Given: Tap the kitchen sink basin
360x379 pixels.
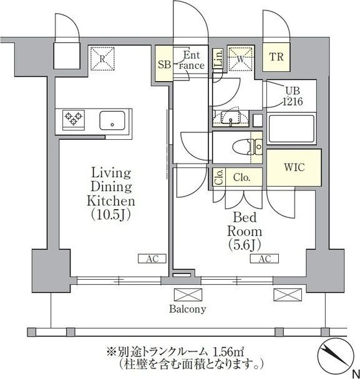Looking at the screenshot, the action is pos(112,121).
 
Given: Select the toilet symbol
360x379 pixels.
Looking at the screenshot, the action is pos(248,147).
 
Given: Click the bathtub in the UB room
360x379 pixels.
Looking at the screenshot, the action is pos(291,129).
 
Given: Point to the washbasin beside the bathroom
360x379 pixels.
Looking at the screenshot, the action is pos(231,118).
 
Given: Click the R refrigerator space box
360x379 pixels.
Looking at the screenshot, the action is pos(102,59).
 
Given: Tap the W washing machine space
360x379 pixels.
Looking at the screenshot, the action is pos(240,59).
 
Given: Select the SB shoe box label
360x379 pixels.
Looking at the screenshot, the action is pos(165,64).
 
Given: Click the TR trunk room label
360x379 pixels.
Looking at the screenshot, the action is pos(276,57).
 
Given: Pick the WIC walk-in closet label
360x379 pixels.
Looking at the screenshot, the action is pos(294,167).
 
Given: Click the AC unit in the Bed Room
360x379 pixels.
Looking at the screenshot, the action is pos(265,259).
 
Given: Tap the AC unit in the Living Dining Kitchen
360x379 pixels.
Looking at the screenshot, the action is pos(152,259).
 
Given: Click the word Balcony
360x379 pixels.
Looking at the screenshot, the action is pos(188,309).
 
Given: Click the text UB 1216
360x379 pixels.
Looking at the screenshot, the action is pos(293,96).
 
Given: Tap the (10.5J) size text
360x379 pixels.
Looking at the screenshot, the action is pos(111,214).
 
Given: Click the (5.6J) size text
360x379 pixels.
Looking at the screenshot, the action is pos(245,245).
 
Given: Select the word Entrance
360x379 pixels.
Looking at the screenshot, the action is pos(192,61).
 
